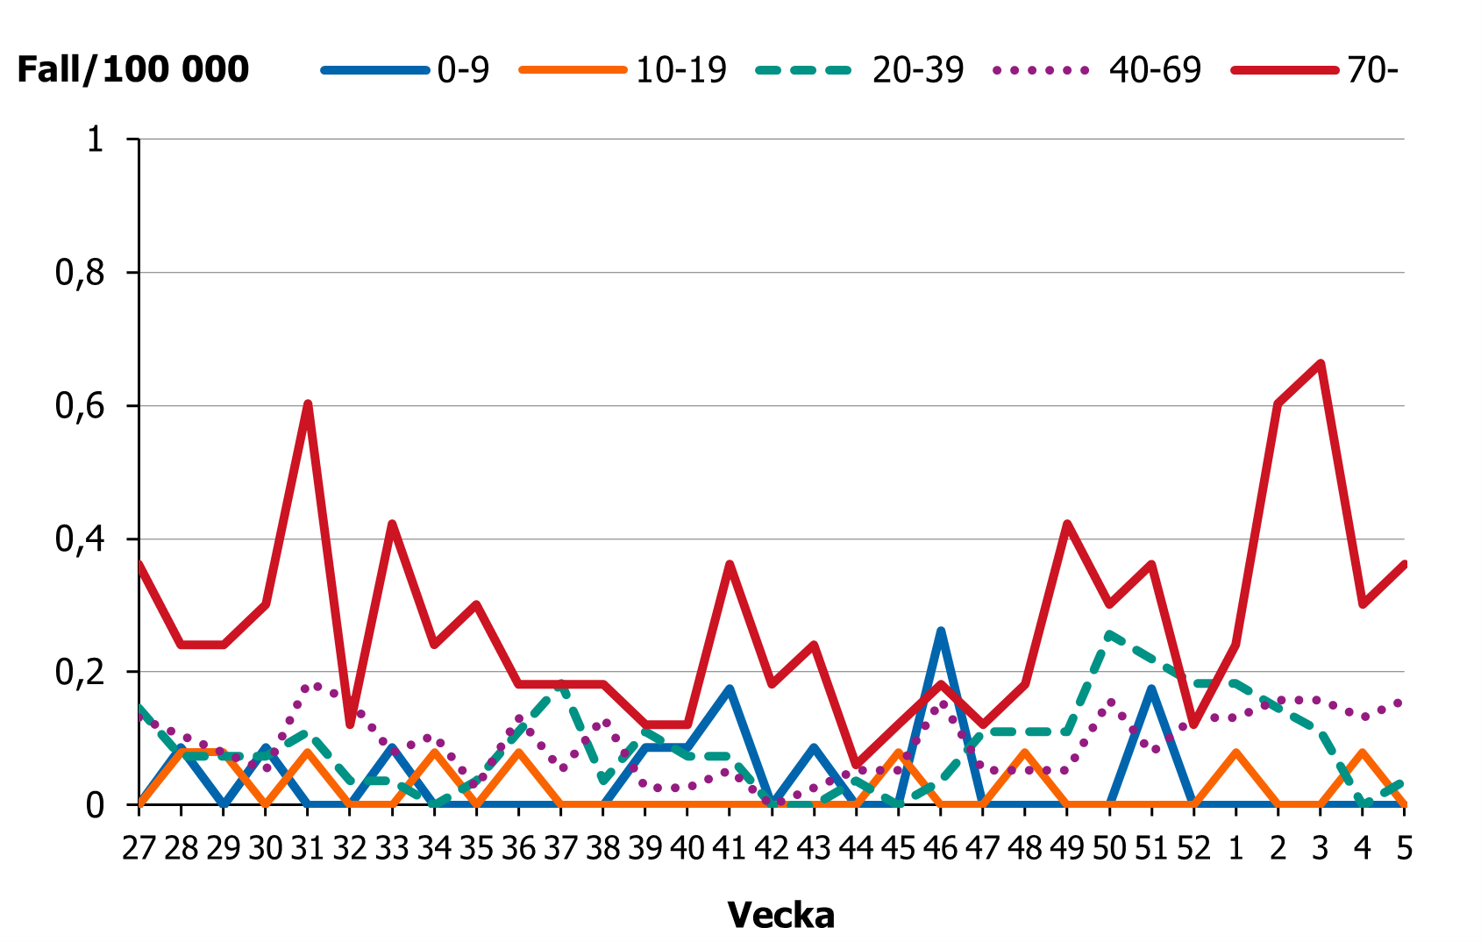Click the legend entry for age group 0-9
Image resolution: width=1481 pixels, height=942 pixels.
tap(462, 69)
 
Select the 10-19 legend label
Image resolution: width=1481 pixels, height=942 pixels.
tap(680, 69)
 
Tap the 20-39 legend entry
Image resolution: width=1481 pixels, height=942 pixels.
tap(917, 69)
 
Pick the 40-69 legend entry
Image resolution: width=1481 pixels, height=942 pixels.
tap(1154, 69)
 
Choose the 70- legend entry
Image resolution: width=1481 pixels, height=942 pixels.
tap(1371, 69)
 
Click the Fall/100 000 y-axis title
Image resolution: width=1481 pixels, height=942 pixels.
tap(133, 69)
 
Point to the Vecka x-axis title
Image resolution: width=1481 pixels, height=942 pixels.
tap(780, 915)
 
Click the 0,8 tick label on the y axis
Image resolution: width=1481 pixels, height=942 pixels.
tap(80, 273)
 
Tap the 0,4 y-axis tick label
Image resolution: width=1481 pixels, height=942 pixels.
tap(80, 539)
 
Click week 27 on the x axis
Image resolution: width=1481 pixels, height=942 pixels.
tap(139, 849)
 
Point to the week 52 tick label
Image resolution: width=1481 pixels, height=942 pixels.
tap(1193, 849)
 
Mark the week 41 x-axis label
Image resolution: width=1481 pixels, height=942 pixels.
tap(729, 849)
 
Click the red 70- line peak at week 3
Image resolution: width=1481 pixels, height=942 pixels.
tap(1320, 363)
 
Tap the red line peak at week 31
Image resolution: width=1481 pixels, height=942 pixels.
tap(308, 403)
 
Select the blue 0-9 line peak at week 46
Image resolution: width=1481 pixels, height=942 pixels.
tap(940, 631)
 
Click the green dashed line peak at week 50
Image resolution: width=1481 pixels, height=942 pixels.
tap(1109, 633)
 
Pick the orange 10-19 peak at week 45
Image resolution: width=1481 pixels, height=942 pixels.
tap(898, 753)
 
